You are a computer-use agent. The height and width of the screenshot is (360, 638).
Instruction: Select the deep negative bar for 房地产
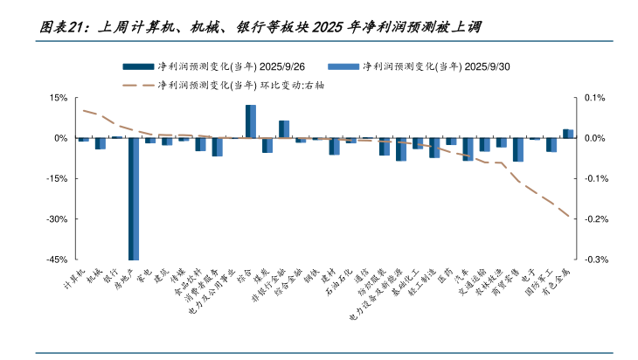click(134, 198)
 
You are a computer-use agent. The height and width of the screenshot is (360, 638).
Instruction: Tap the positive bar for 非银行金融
click(284, 129)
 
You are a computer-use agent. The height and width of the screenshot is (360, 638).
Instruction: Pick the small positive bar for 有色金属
click(568, 134)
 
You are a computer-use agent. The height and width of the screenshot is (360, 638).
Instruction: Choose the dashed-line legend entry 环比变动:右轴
click(245, 85)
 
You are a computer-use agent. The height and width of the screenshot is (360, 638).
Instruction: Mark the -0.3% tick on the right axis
click(597, 260)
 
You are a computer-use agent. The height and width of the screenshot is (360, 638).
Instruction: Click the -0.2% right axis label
click(597, 219)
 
